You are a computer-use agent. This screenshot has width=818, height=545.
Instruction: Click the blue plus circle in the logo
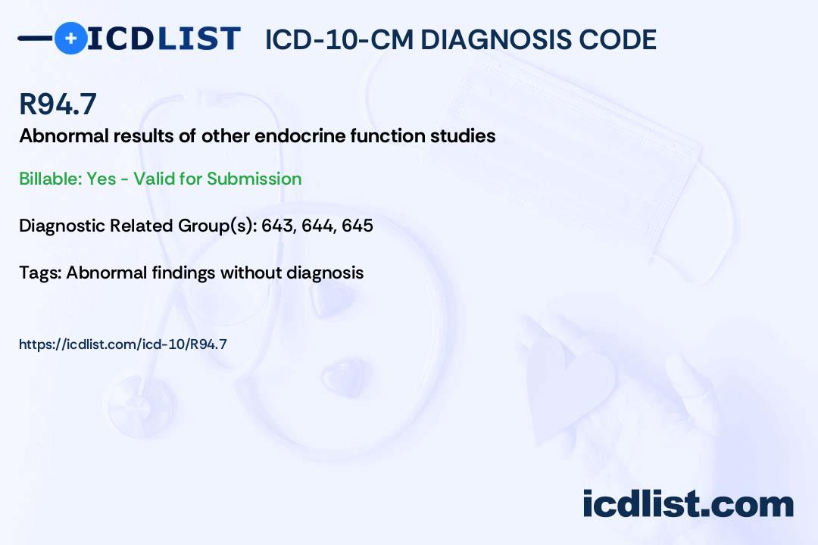71,39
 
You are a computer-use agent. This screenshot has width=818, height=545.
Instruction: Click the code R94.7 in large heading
58,104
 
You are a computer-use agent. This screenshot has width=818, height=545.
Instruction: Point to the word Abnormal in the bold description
64,135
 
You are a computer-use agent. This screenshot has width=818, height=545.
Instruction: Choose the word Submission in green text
254,179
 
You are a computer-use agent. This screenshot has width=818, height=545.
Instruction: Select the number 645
357,226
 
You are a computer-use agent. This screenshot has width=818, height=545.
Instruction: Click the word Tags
39,273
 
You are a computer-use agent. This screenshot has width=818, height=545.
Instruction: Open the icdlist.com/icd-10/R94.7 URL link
123,344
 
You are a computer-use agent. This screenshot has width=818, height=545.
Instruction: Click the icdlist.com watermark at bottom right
688,503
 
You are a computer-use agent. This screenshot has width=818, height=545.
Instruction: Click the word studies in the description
463,135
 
